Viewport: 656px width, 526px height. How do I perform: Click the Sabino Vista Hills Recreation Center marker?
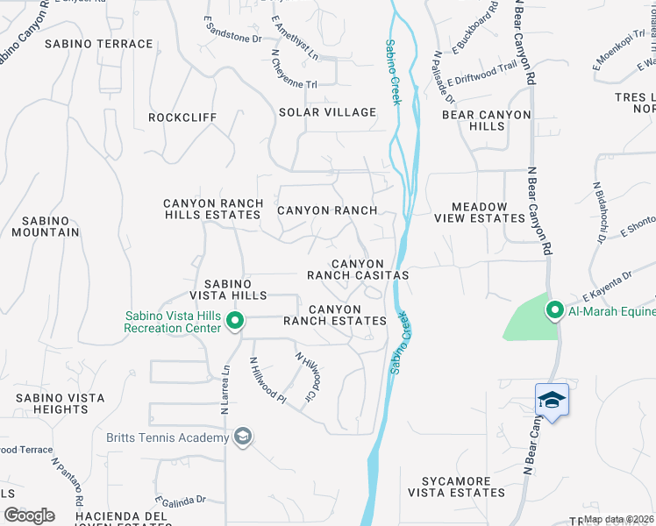click(x=235, y=322)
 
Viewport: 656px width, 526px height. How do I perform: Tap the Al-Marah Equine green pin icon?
click(x=554, y=310)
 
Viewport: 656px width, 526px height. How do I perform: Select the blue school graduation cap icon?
click(x=552, y=401)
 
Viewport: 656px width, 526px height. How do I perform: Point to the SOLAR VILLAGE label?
click(x=327, y=112)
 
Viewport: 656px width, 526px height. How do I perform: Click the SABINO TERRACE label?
click(x=99, y=44)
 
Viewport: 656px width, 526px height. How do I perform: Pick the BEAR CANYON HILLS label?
click(x=486, y=120)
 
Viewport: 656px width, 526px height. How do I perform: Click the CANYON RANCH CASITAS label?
click(x=358, y=269)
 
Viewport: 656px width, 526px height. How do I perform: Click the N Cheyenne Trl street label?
click(x=292, y=68)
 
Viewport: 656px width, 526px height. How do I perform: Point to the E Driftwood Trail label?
click(x=481, y=73)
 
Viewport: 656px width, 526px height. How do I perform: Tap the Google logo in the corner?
click(x=29, y=515)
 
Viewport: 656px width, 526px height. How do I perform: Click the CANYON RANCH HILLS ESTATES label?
click(x=213, y=209)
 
